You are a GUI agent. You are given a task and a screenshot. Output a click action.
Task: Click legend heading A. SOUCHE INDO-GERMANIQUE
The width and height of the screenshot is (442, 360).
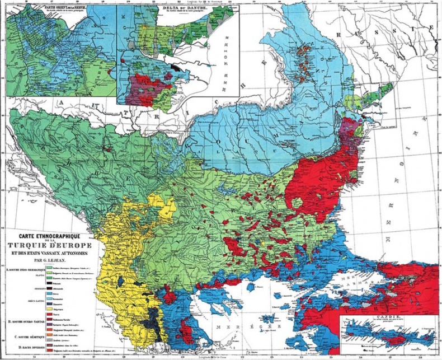[25, 270]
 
